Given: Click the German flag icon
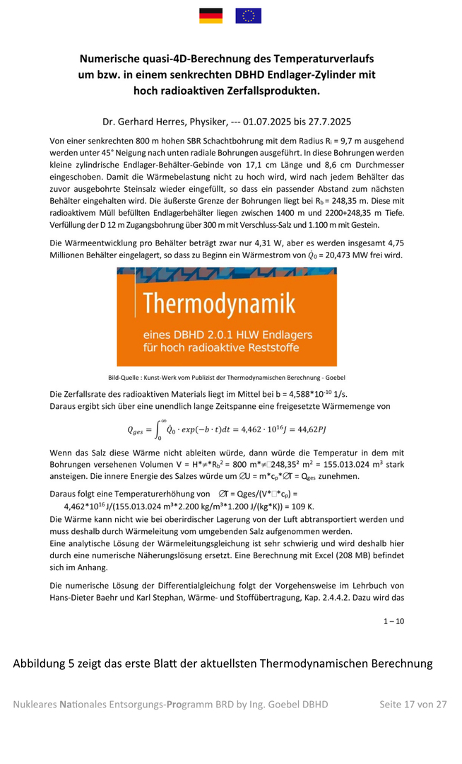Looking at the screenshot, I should coord(211,15).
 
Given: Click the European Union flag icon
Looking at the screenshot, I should coord(248,15).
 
